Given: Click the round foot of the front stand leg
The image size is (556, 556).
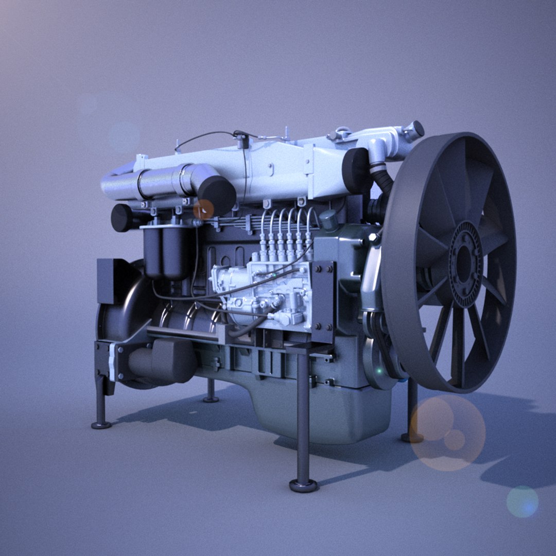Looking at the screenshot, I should coord(303,484).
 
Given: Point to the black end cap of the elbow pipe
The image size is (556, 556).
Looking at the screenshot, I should coord(217,195).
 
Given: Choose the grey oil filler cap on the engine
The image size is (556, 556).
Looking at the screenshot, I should coord(328,220).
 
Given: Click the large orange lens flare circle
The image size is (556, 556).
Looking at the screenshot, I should coord(447,432).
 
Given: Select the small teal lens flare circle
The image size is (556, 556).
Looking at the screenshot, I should coord(522,501).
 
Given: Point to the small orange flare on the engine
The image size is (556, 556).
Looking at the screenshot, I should coord(203,209).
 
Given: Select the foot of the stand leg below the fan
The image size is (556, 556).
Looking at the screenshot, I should coord(412,437).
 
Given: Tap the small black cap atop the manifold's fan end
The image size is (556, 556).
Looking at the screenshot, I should coord(414,129).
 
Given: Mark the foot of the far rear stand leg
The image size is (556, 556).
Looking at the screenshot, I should coord(211,398).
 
